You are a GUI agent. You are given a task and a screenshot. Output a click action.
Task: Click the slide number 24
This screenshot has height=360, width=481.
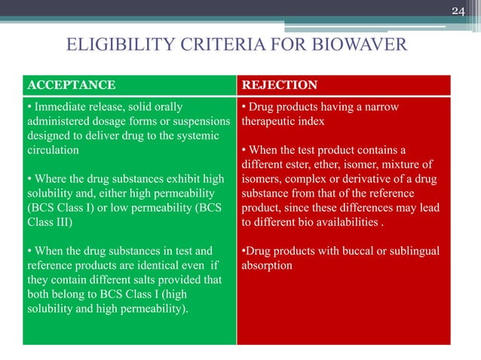point(458,10)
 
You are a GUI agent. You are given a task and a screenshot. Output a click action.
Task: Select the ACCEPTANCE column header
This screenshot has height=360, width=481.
point(72,85)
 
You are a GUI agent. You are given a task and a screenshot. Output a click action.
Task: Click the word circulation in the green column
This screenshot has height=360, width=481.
point(52,150)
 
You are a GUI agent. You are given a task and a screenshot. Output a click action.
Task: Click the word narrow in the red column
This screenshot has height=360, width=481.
point(377,107)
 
